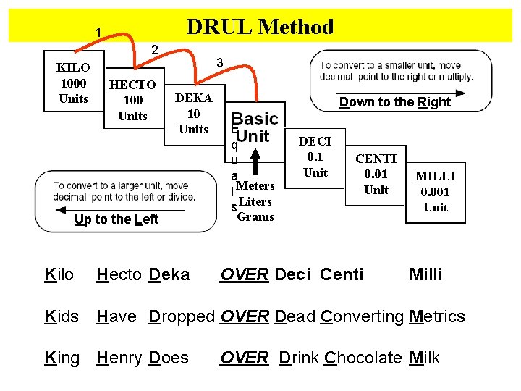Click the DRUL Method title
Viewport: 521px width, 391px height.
pyautogui.click(x=260, y=28)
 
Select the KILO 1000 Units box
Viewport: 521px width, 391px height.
pyautogui.click(x=72, y=83)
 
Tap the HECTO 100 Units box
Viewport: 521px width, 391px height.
pyautogui.click(x=132, y=100)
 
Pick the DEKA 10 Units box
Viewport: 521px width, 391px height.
pyautogui.click(x=193, y=113)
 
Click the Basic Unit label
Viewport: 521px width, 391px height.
pyautogui.click(x=255, y=127)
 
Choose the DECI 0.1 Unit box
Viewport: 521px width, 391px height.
pyautogui.click(x=315, y=157)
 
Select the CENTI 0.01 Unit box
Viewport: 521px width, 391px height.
pyautogui.click(x=376, y=175)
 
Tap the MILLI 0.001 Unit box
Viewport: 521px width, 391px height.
pyautogui.click(x=435, y=192)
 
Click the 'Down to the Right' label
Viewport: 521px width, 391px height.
pyautogui.click(x=394, y=102)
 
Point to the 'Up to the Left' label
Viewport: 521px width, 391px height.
pyautogui.click(x=116, y=219)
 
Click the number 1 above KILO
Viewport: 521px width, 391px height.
pyautogui.click(x=98, y=32)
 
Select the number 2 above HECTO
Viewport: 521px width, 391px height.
pyautogui.click(x=153, y=49)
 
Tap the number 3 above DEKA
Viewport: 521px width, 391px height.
pyautogui.click(x=219, y=64)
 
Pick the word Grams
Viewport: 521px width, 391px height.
pyautogui.click(x=255, y=216)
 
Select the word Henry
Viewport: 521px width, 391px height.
pyautogui.click(x=120, y=358)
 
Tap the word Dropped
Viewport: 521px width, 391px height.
pyautogui.click(x=182, y=316)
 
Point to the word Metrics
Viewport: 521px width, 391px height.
pyautogui.click(x=437, y=316)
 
